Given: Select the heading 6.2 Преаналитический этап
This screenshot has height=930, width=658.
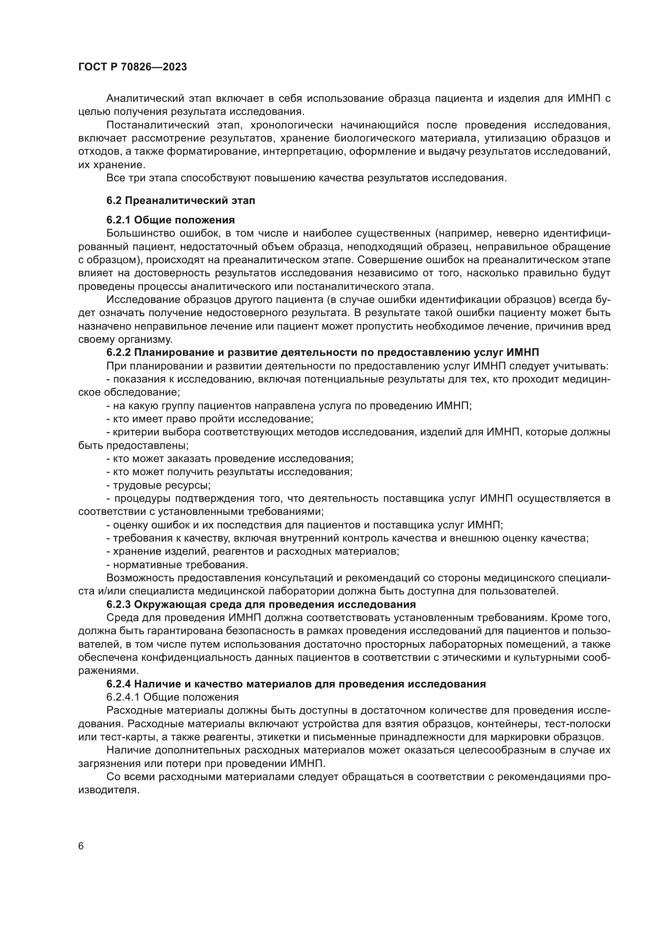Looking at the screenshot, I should click(181, 200).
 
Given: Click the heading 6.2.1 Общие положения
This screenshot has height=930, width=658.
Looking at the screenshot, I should click(171, 220).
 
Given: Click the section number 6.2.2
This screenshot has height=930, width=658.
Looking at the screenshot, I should click(119, 352).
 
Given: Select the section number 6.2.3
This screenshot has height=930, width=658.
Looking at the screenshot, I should click(119, 604).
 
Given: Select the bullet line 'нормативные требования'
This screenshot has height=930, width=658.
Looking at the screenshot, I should click(177, 565).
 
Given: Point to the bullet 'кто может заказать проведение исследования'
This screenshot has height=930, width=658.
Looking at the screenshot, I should click(230, 458).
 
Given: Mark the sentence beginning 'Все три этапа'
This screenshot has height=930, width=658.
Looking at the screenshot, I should click(306, 178).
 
